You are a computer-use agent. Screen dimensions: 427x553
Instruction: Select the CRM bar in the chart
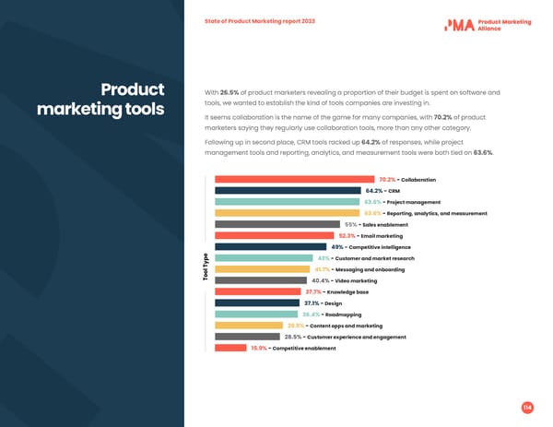click(288, 190)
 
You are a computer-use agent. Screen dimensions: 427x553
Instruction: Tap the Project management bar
click(288, 201)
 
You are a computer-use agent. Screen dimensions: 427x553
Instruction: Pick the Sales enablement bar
click(276, 224)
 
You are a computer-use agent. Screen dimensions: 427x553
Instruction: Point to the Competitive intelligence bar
click(270, 246)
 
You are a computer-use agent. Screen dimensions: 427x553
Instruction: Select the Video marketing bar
click(261, 280)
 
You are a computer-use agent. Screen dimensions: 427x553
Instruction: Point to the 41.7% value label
click(324, 269)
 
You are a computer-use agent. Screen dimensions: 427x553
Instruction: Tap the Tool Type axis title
click(205, 267)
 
